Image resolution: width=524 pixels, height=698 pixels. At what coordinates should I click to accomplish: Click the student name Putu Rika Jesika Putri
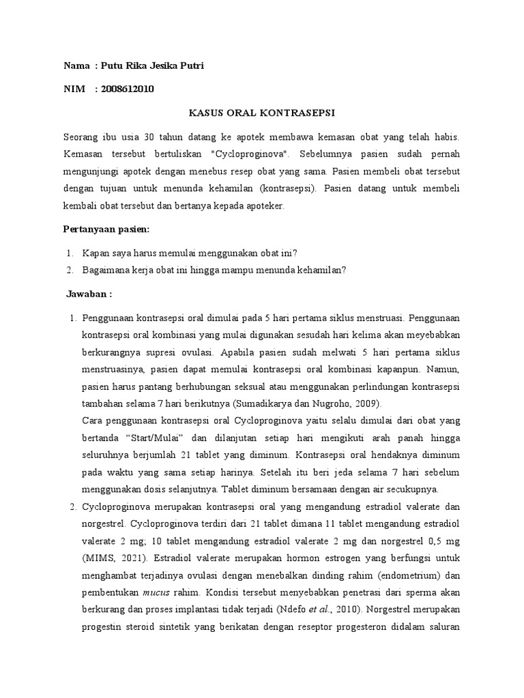click(151, 65)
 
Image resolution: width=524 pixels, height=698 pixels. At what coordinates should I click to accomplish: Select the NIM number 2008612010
click(127, 89)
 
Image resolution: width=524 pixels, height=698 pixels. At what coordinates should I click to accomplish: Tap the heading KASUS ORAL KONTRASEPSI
click(262, 112)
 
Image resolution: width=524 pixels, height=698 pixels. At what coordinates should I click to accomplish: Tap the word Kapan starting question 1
click(96, 252)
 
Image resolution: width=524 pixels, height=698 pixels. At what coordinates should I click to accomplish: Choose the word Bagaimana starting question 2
click(104, 269)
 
